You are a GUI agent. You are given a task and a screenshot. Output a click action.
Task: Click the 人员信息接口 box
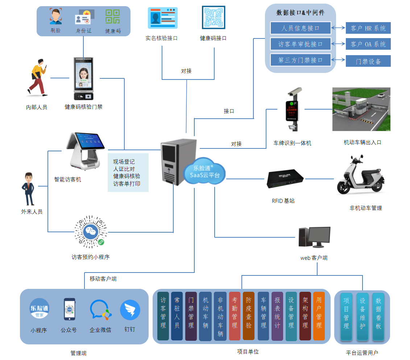pos(301,28)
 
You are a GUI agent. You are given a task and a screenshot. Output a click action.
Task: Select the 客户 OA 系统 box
pos(368,44)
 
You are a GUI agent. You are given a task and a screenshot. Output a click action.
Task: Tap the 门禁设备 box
pos(368,61)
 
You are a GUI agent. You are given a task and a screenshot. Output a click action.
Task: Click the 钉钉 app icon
pos(130,310)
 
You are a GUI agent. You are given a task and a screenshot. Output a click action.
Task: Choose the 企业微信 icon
pos(100,311)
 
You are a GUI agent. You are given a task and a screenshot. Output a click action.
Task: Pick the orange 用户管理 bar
pos(319,316)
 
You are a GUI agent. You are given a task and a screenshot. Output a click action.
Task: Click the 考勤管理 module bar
pos(235,316)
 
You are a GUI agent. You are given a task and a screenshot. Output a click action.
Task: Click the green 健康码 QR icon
pos(113,17)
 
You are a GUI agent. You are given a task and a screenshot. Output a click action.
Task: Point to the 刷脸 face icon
pos(55,17)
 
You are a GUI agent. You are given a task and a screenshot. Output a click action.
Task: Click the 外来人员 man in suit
pos(28,189)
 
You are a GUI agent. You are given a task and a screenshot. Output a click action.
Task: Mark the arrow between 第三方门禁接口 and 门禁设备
pos(339,60)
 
